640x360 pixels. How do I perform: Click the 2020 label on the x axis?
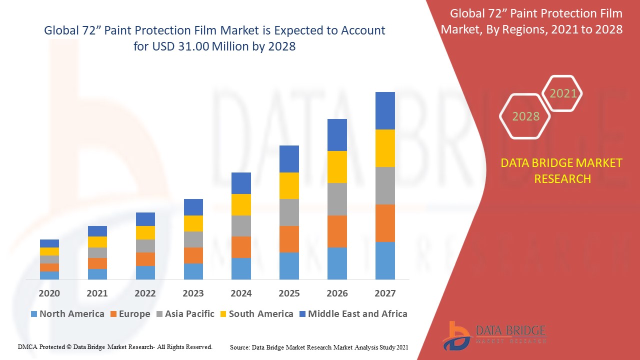tap(49, 293)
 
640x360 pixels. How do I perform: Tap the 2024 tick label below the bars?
tap(241, 293)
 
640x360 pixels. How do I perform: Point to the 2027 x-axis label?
tap(385, 293)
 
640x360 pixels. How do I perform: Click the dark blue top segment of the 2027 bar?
tap(385, 110)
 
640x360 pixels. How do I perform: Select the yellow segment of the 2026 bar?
tap(337, 167)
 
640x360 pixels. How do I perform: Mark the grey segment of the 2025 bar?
tap(289, 212)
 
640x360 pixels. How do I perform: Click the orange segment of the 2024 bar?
tap(241, 247)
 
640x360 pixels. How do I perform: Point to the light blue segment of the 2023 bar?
tap(193, 271)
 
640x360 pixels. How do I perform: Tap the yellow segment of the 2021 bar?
tap(97, 242)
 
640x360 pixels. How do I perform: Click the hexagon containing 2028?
tap(525, 116)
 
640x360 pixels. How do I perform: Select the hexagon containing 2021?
tap(563, 93)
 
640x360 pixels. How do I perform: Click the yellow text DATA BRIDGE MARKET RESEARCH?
tap(562, 171)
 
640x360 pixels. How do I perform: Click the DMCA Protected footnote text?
tap(115, 346)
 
